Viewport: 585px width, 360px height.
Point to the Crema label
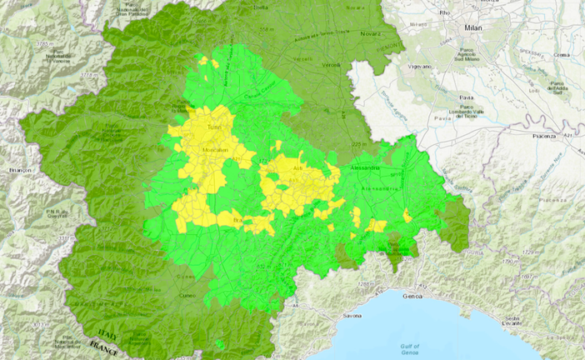coord(562,55)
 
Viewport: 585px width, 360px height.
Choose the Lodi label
coord(535,82)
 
